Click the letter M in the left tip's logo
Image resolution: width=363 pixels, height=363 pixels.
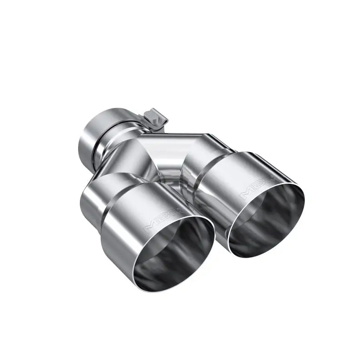[x=152, y=226]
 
